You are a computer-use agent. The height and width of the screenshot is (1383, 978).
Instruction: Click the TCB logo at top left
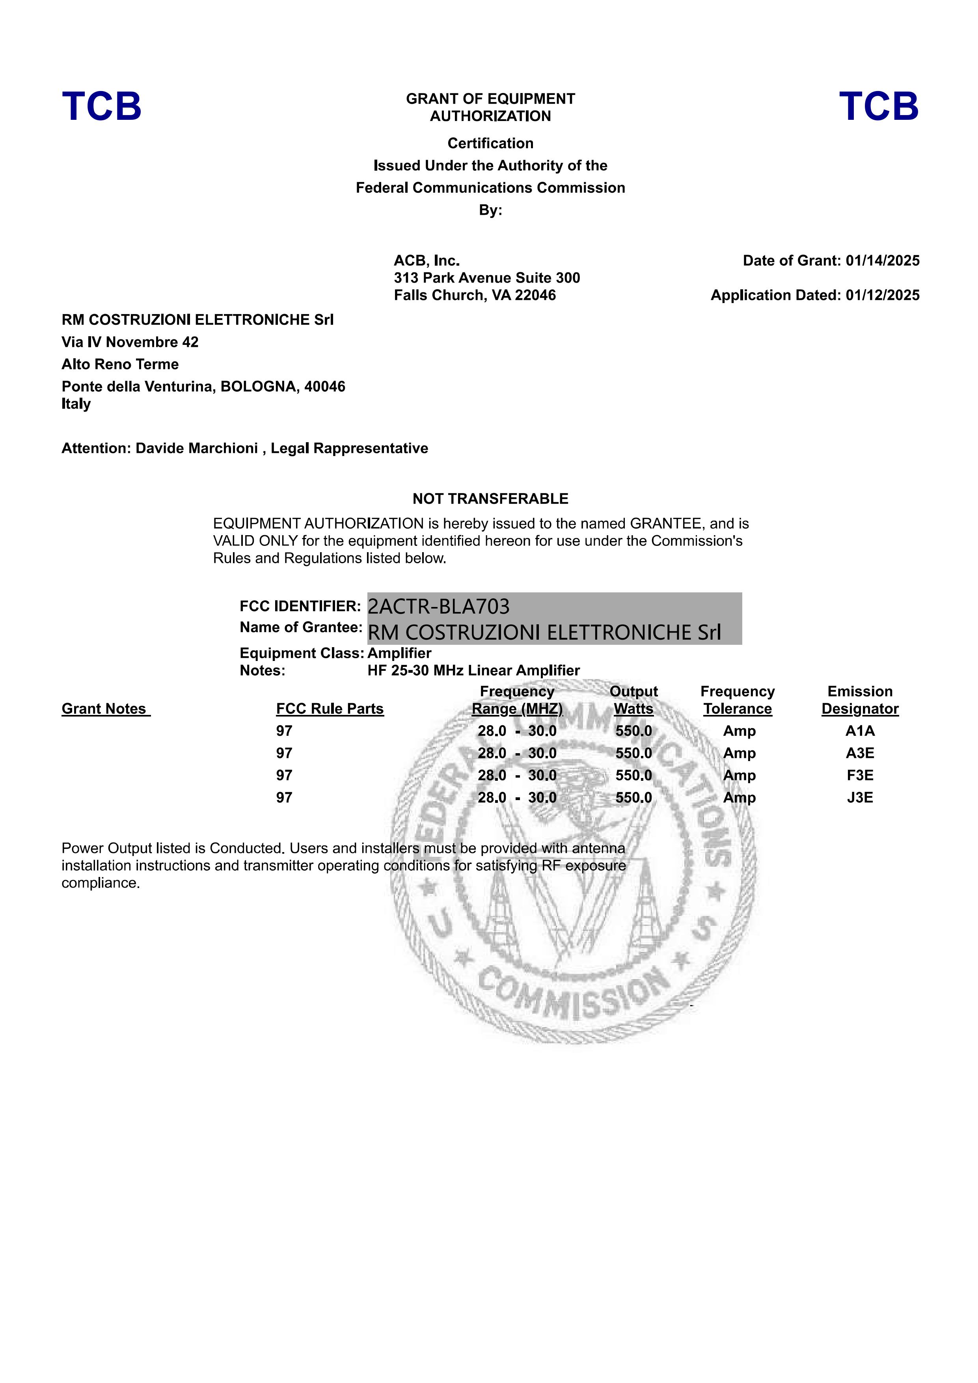(x=101, y=107)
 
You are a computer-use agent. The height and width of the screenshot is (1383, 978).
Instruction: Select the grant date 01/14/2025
(x=882, y=261)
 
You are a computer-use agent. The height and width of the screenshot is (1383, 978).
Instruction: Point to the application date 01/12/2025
(x=882, y=295)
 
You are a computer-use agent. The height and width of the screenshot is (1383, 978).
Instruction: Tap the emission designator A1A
(x=860, y=731)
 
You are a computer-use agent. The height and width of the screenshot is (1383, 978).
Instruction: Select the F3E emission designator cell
(x=860, y=776)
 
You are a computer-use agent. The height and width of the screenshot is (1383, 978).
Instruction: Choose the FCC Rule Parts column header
(x=330, y=709)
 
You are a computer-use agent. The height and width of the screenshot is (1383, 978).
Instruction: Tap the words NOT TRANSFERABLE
(x=490, y=499)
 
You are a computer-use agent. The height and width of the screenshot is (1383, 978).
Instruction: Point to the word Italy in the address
(x=76, y=404)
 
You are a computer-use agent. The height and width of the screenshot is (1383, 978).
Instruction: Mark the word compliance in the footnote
(x=101, y=883)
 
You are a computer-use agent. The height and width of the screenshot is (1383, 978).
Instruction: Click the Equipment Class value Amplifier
(x=399, y=653)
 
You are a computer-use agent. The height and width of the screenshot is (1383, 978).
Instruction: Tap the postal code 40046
(x=325, y=387)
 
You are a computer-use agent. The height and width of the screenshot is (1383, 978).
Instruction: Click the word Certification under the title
(x=490, y=143)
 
